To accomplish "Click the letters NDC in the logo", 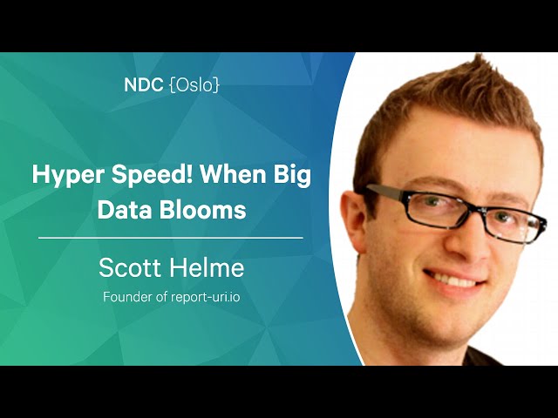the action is pyautogui.click(x=144, y=85).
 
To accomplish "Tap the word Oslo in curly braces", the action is pyautogui.click(x=194, y=85).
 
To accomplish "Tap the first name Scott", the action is pyautogui.click(x=130, y=267).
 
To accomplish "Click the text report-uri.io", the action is pyautogui.click(x=206, y=297).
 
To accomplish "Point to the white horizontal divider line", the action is pyautogui.click(x=171, y=238).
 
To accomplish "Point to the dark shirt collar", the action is pyautogui.click(x=484, y=356).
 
